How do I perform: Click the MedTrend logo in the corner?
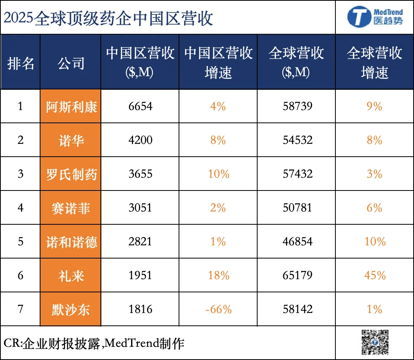(x=374, y=17)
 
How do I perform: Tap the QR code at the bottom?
(x=375, y=342)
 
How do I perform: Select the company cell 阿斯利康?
(x=71, y=107)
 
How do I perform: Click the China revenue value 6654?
(x=140, y=107)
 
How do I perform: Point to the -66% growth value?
(x=218, y=309)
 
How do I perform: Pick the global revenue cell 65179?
(x=297, y=276)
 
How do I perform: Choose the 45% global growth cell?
(x=375, y=276)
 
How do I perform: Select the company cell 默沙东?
(x=71, y=309)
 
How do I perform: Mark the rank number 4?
(x=21, y=208)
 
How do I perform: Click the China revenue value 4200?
(x=140, y=140)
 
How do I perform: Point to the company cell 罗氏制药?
(x=71, y=174)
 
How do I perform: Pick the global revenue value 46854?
(x=297, y=242)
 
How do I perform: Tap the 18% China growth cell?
(x=218, y=276)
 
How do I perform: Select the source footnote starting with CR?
(x=94, y=343)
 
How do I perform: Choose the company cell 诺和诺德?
(x=71, y=242)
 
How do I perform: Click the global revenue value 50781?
(x=297, y=208)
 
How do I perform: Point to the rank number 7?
(x=21, y=309)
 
